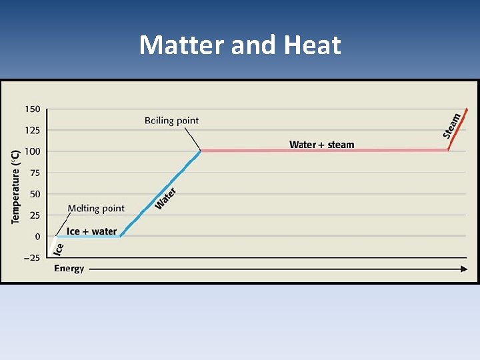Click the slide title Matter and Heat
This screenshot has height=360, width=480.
pos(240,45)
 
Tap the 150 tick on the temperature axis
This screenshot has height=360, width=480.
pos(33,109)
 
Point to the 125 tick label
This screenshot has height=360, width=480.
pos(33,130)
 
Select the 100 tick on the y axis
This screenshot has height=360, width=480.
pos(33,151)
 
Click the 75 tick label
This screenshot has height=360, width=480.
pos(35,173)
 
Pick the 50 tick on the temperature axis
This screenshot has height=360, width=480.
pos(35,194)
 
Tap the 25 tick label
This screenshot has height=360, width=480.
pos(35,215)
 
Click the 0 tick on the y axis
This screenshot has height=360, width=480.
pos(37,237)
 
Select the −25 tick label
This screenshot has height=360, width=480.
pos(31,258)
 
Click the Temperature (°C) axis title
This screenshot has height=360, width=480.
pos(16,186)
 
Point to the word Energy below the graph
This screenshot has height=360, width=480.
pos(69,269)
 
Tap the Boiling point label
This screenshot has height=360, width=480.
pos(171,121)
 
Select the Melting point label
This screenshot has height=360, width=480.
pos(96,209)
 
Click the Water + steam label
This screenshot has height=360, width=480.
pos(322,145)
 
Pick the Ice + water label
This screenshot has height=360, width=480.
pos(92,231)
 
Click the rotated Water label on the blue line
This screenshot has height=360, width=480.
pos(165,198)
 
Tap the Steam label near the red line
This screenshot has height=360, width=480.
pos(452,125)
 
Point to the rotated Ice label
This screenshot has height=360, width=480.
pos(59,249)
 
